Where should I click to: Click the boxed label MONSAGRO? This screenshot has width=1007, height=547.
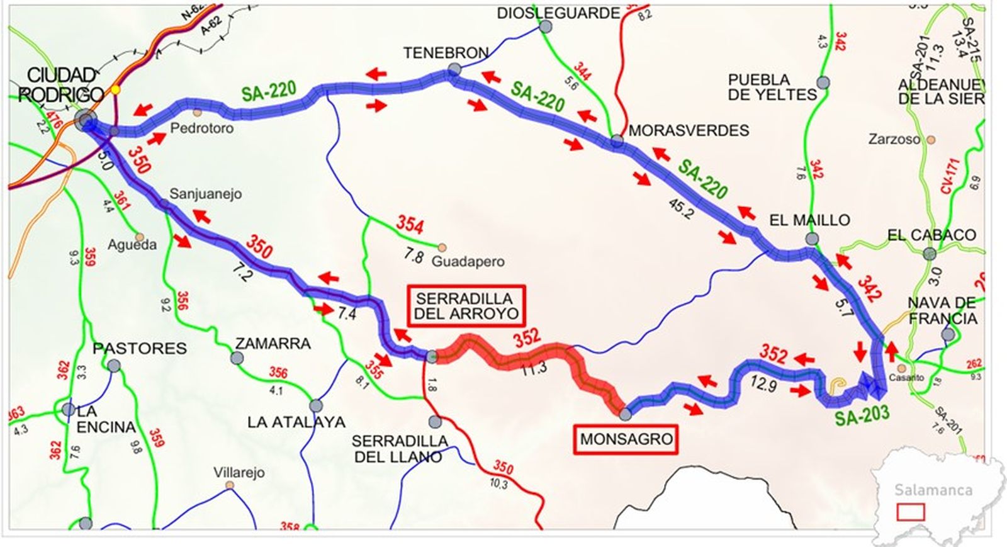[x=626, y=439]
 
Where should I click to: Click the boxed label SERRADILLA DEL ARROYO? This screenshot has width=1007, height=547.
[x=466, y=306]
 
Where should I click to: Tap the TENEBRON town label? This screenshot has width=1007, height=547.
[x=446, y=53]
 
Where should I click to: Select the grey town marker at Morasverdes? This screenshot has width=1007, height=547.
[x=617, y=141]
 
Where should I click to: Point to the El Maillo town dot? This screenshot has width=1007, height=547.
[x=812, y=239]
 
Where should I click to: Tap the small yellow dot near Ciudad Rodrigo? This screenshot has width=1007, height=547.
[x=115, y=90]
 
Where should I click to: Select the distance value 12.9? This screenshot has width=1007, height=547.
[x=763, y=383]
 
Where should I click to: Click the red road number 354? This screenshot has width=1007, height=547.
[x=409, y=224]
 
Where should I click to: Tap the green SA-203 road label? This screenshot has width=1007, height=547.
[x=862, y=415]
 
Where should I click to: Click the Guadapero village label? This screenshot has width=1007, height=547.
[x=468, y=261]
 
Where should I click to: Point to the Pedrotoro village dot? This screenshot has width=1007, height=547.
[x=198, y=112]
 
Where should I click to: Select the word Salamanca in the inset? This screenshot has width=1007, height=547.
[x=933, y=490]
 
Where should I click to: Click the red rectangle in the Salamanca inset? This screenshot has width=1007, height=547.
[x=910, y=511]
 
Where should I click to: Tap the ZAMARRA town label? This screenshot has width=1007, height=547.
[x=273, y=344]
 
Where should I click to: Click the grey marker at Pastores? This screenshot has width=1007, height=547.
[x=114, y=366]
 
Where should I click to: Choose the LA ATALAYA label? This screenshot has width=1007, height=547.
[x=296, y=422]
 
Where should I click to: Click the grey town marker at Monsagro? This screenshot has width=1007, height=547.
[x=625, y=414]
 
